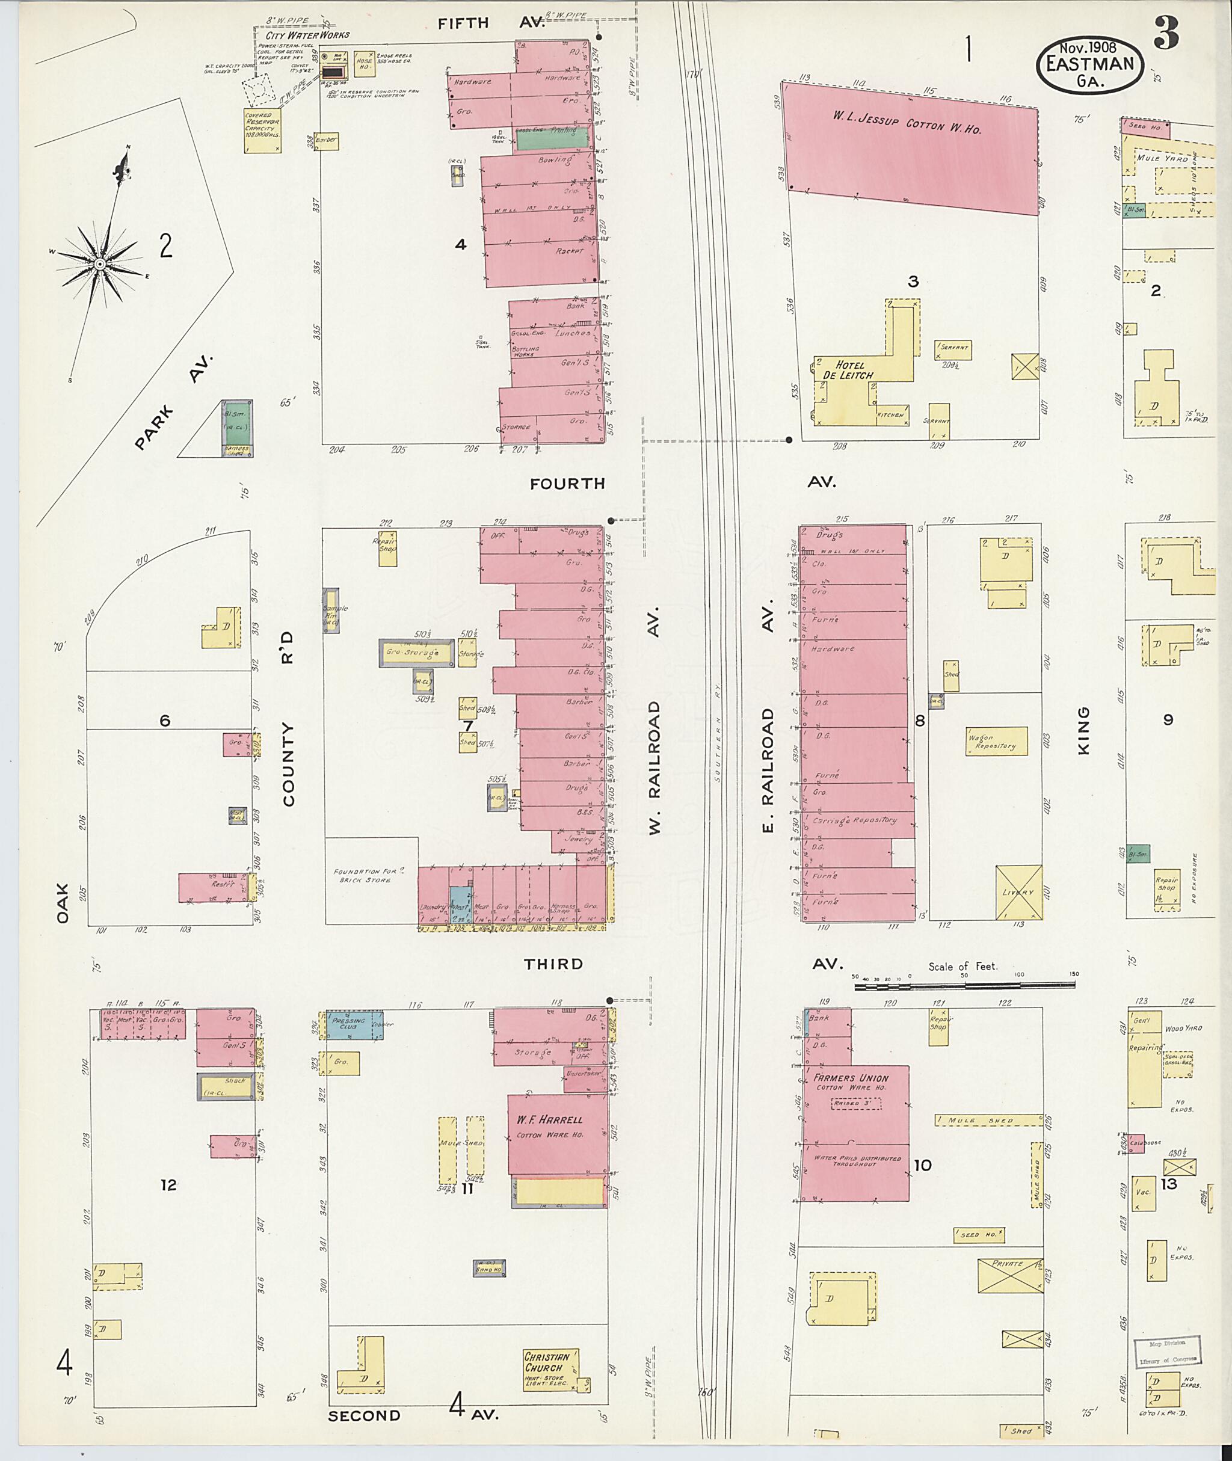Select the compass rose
click(x=100, y=264)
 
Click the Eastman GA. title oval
click(x=1089, y=64)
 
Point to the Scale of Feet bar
click(x=964, y=985)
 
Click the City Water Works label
click(x=307, y=35)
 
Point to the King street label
click(x=1083, y=730)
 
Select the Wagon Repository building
click(x=996, y=741)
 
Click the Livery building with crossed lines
click(x=1018, y=892)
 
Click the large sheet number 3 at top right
click(x=1166, y=33)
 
